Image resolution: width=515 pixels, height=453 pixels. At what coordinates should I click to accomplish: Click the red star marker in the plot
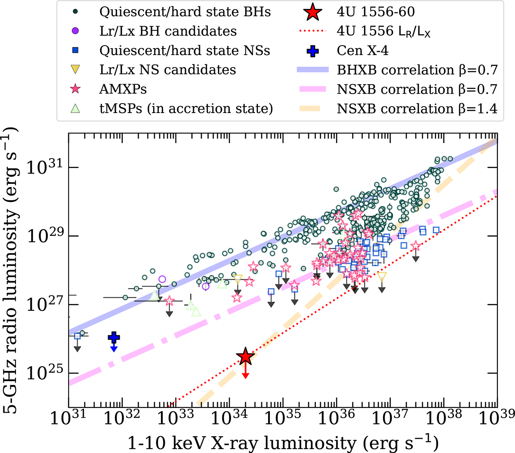click(245, 356)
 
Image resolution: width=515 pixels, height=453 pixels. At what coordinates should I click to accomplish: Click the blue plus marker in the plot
click(114, 338)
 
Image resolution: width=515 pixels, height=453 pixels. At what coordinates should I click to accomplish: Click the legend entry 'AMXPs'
click(123, 89)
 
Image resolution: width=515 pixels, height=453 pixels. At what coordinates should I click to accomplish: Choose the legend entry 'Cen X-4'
click(363, 51)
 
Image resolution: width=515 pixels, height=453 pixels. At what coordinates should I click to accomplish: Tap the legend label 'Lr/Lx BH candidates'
click(168, 31)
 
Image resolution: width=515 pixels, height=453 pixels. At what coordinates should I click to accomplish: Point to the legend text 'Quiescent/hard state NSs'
click(185, 51)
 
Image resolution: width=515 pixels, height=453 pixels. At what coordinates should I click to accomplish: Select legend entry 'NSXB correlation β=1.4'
click(417, 109)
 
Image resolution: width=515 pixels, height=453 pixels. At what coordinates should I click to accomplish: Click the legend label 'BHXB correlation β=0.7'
click(417, 70)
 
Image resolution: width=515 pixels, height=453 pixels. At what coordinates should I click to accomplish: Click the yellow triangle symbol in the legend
click(76, 70)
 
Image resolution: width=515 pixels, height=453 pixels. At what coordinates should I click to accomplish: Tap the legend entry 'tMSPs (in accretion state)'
click(186, 109)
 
